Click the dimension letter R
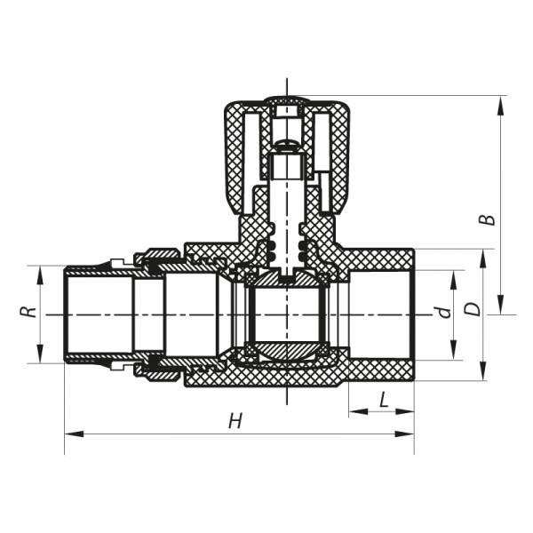(28, 313)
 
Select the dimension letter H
(235, 422)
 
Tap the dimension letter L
(384, 401)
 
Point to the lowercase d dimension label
(439, 312)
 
